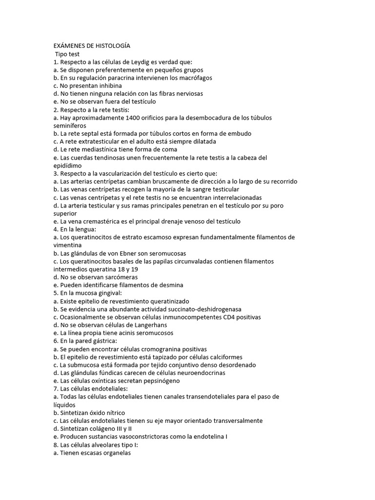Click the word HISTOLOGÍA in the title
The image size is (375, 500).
(112, 46)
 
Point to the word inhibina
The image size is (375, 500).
(108, 85)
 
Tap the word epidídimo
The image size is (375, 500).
(71, 166)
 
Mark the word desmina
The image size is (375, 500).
(170, 285)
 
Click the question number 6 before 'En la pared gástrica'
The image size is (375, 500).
(56, 341)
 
